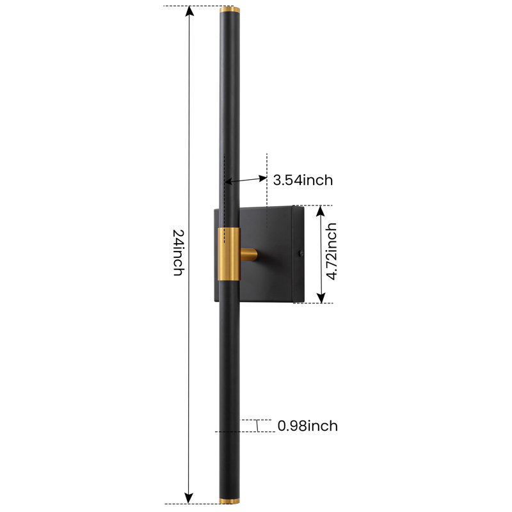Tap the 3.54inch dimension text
(303, 180)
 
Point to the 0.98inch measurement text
(307, 426)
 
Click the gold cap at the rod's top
(229, 10)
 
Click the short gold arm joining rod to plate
(248, 255)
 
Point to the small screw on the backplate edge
(301, 254)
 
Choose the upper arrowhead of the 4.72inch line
(322, 211)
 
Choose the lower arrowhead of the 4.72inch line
(322, 297)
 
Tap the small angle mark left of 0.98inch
(257, 426)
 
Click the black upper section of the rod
(229, 115)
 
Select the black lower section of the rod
(229, 384)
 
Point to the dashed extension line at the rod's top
(192, 6)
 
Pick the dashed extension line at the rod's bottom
(192, 504)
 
